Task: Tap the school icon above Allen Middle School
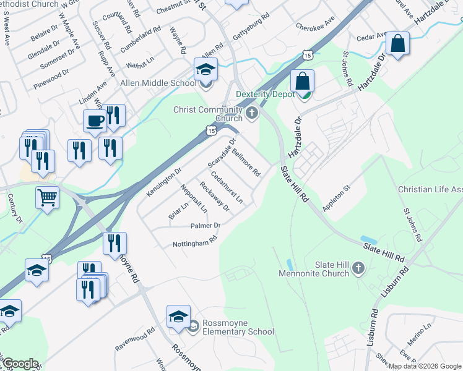click(x=206, y=69)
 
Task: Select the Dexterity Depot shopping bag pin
click(x=303, y=80)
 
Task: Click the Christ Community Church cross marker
click(x=251, y=113)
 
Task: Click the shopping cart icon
click(x=47, y=198)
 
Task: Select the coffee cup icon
click(x=95, y=121)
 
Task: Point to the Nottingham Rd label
click(x=196, y=244)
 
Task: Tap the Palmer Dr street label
click(x=206, y=226)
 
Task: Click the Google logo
click(x=20, y=364)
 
